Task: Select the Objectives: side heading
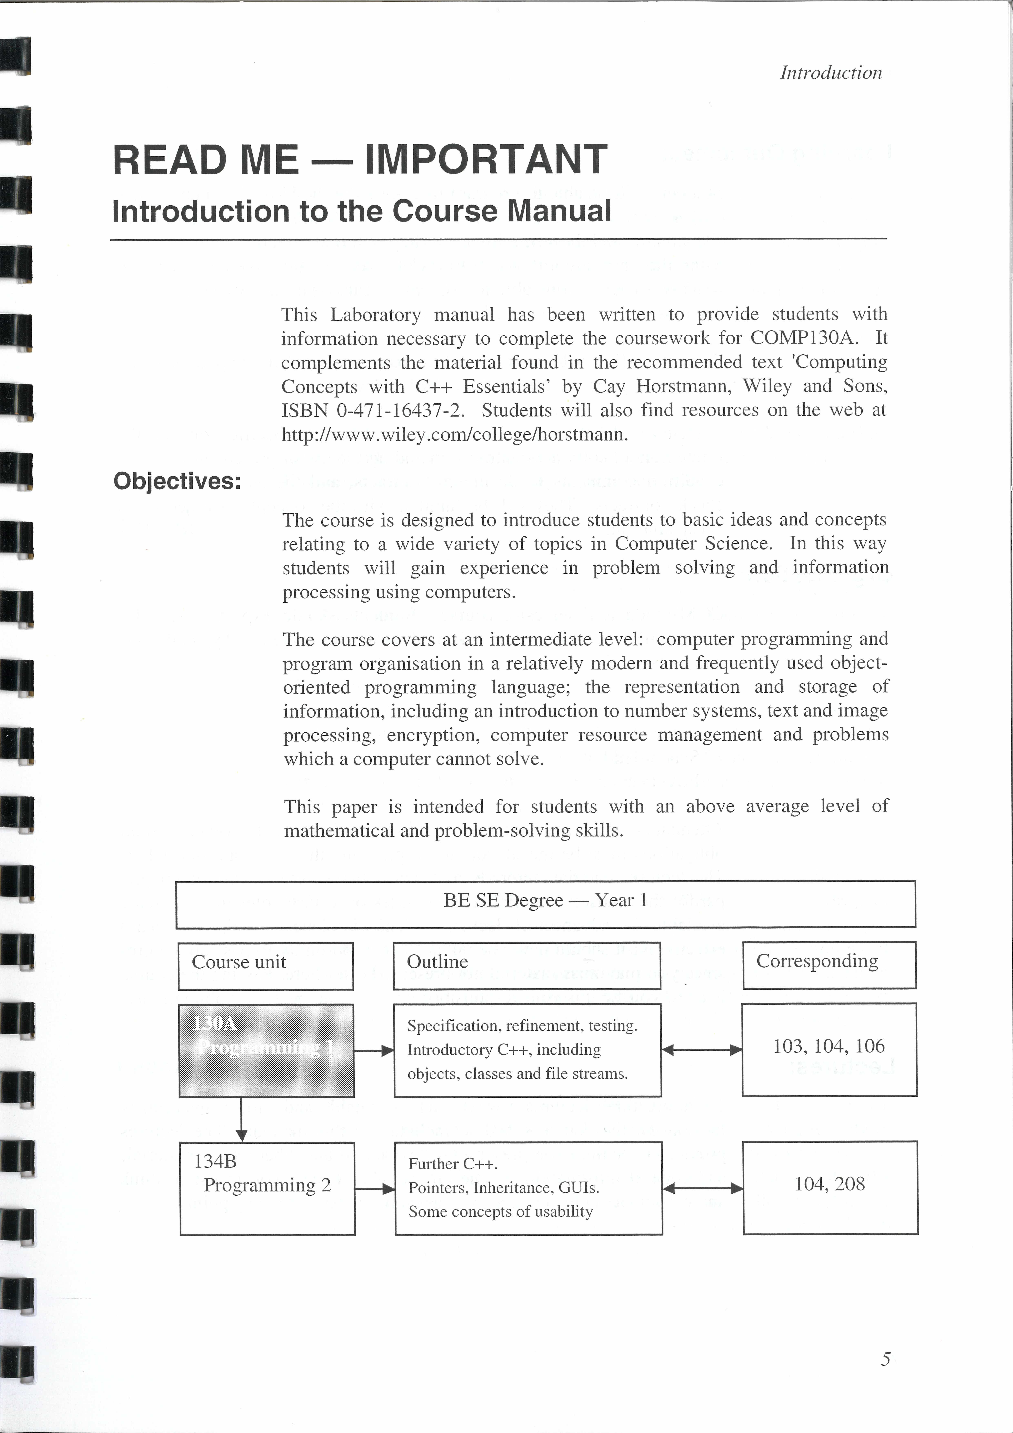click(177, 481)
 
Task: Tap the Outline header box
click(526, 966)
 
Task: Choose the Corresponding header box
click(829, 965)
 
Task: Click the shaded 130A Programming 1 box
click(266, 1050)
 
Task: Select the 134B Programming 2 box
click(267, 1188)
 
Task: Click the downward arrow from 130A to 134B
click(241, 1120)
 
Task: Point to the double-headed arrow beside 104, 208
click(702, 1188)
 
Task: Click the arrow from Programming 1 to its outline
click(374, 1050)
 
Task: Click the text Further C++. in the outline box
click(452, 1164)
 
